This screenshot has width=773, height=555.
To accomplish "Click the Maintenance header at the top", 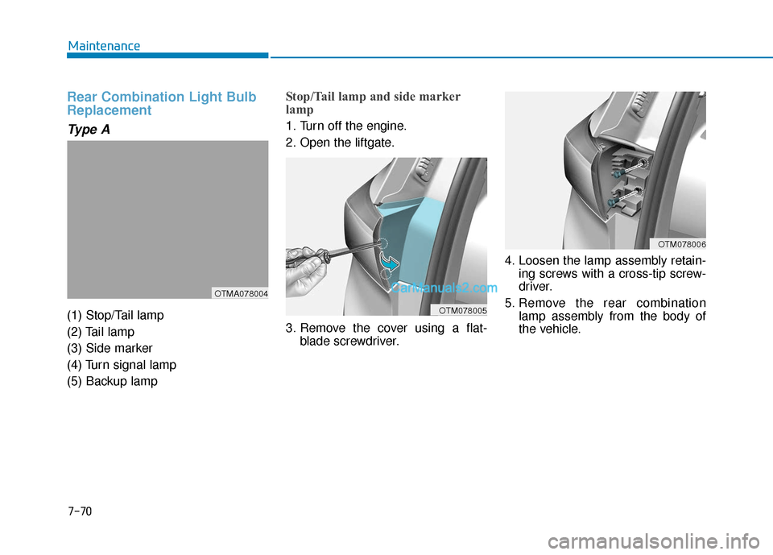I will pos(104,46).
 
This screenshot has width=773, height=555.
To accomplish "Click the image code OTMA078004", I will pos(241,293).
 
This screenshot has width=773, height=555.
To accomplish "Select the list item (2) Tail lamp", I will pos(101,332).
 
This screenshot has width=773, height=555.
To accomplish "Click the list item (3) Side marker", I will pos(110,348).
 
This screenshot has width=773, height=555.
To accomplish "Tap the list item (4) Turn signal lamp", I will pos(122,364).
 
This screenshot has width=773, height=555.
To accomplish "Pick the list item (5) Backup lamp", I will pos(113,381).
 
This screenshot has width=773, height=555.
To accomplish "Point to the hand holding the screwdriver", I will pos(306,274).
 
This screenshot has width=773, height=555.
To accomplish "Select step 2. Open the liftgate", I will pos(340,143).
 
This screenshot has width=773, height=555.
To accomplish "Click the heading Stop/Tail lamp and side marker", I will pos(373,97).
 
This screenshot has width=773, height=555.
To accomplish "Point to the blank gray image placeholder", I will pos(167,213).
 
